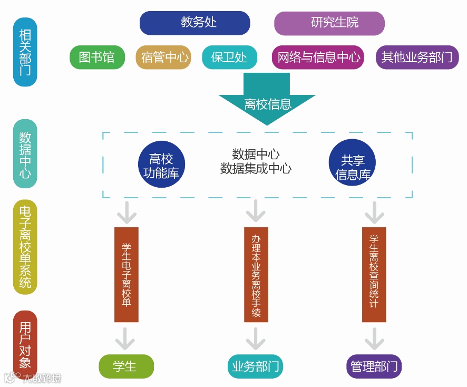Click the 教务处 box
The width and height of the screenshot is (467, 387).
click(194, 23)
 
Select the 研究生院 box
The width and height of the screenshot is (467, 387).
click(329, 23)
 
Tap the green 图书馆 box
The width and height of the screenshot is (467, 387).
click(97, 57)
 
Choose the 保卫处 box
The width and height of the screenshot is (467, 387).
click(229, 57)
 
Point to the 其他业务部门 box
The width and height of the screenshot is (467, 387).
click(416, 57)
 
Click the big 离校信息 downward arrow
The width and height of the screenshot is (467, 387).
click(267, 100)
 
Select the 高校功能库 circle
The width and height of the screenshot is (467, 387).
click(161, 165)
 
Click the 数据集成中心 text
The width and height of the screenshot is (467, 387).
click(256, 169)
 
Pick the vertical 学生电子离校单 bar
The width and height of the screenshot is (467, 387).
click(127, 274)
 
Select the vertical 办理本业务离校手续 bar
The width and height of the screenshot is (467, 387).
click(256, 274)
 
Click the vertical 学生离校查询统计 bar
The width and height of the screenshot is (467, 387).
click(374, 274)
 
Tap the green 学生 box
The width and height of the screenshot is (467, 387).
click(126, 366)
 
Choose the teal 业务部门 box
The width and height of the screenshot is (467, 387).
click(256, 366)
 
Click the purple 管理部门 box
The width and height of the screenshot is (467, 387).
click(374, 366)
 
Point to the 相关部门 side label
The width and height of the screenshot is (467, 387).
click(25, 52)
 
